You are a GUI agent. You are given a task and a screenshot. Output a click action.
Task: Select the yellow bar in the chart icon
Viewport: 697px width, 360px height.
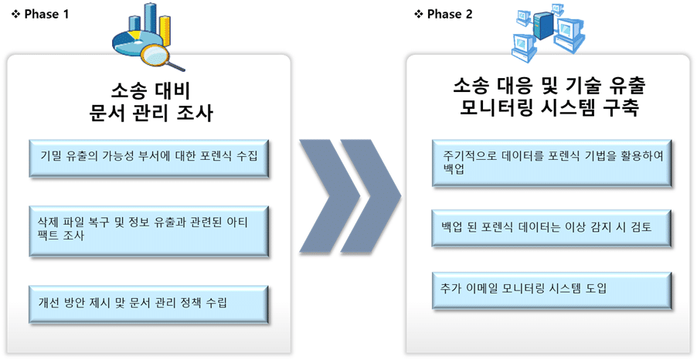(x=165, y=31)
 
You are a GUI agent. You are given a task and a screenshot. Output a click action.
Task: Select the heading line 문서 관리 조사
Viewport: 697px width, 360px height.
(x=151, y=113)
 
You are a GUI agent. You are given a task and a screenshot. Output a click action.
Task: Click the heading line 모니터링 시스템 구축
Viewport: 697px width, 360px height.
(x=549, y=108)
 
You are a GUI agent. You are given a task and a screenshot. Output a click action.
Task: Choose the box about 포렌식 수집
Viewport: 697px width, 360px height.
(x=149, y=158)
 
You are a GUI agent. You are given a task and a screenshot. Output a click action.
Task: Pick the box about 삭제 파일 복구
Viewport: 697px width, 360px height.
(x=149, y=231)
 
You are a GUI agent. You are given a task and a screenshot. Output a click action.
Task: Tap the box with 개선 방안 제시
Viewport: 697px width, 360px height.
(x=149, y=304)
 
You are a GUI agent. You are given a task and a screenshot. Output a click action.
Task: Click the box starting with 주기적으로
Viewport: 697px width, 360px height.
(x=552, y=163)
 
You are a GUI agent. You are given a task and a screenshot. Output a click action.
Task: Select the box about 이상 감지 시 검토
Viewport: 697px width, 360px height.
(x=552, y=229)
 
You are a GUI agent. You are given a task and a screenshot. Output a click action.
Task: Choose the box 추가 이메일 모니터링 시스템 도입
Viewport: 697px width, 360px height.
(x=552, y=290)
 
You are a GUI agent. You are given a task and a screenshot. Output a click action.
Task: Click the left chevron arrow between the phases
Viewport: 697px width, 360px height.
(x=329, y=196)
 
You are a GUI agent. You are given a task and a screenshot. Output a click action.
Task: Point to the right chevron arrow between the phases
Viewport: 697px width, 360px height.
(x=371, y=196)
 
